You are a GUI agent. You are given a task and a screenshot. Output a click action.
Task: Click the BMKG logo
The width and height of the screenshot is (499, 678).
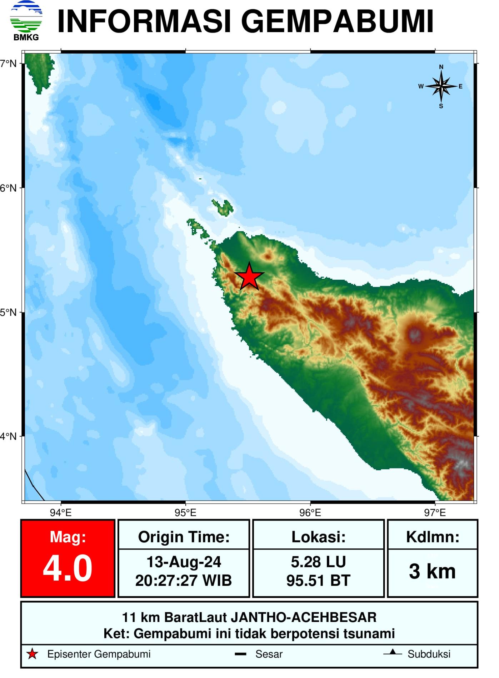(26, 21)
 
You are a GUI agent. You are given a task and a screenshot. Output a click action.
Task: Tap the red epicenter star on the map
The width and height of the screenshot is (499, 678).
(249, 277)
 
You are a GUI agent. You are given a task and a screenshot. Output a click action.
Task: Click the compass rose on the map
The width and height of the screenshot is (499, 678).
(441, 86)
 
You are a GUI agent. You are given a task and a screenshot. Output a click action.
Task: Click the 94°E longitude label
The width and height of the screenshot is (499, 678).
(61, 513)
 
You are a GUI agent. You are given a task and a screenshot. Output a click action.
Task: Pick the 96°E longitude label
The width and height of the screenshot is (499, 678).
(310, 513)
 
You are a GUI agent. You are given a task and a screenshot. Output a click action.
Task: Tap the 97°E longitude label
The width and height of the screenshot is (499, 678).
(435, 513)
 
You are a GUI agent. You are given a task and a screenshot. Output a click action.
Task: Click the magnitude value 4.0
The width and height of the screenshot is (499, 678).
(68, 569)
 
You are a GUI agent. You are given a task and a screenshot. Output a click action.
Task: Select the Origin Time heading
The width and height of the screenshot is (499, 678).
(184, 537)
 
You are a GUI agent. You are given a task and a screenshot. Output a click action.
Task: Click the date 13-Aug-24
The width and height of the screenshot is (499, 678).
(184, 562)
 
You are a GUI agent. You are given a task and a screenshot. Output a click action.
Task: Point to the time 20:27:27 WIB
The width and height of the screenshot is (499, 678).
(184, 581)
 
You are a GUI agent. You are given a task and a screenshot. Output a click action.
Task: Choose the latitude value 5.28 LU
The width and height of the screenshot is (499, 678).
(318, 562)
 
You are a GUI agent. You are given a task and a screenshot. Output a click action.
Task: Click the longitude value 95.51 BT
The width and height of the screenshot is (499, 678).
(318, 581)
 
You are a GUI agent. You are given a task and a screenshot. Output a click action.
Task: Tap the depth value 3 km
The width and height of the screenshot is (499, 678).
(432, 572)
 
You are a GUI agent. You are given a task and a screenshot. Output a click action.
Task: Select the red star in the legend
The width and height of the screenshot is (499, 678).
(33, 654)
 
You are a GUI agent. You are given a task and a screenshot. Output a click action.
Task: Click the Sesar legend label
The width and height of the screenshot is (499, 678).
(269, 654)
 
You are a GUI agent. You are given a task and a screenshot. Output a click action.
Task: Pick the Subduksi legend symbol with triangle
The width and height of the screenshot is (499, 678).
(393, 653)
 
